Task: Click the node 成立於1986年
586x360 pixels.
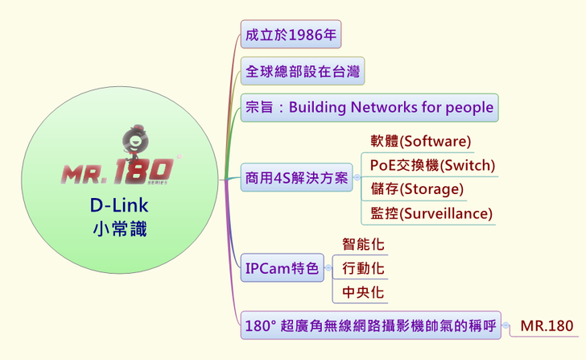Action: (x=291, y=35)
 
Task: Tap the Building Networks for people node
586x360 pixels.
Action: (x=369, y=107)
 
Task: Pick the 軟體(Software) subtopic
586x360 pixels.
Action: (x=419, y=142)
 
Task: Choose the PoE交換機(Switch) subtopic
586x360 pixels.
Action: (x=431, y=166)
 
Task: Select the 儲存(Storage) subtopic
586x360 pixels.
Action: (x=416, y=189)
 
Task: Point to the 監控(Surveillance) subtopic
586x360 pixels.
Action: (x=431, y=213)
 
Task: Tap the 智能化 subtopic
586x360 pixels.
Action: (x=363, y=244)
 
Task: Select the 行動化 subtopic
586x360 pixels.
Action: (x=363, y=267)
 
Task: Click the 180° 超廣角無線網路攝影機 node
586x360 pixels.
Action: (x=371, y=326)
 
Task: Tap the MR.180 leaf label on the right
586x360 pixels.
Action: (x=547, y=326)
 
